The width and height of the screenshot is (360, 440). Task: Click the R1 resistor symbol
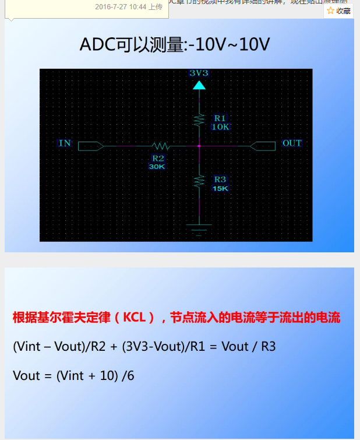pyautogui.click(x=199, y=120)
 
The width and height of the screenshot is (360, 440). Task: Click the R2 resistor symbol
pyautogui.click(x=160, y=146)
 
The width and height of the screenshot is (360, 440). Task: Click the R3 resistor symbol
pyautogui.click(x=199, y=181)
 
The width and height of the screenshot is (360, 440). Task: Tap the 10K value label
pyautogui.click(x=220, y=126)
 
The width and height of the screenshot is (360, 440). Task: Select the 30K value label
pyautogui.click(x=157, y=166)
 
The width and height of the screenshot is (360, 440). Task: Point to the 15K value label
pyautogui.click(x=220, y=188)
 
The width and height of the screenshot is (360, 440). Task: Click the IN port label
pyautogui.click(x=65, y=143)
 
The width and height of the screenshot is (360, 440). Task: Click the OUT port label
pyautogui.click(x=292, y=143)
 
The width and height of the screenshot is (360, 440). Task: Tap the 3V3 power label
pyautogui.click(x=199, y=73)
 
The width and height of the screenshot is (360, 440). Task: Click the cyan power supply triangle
pyautogui.click(x=199, y=85)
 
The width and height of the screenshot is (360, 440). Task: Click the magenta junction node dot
pyautogui.click(x=199, y=146)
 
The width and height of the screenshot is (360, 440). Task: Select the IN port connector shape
pyautogui.click(x=90, y=146)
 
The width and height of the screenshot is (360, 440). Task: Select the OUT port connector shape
pyautogui.click(x=262, y=146)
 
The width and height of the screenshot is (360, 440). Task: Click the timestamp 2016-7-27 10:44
pyautogui.click(x=120, y=7)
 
